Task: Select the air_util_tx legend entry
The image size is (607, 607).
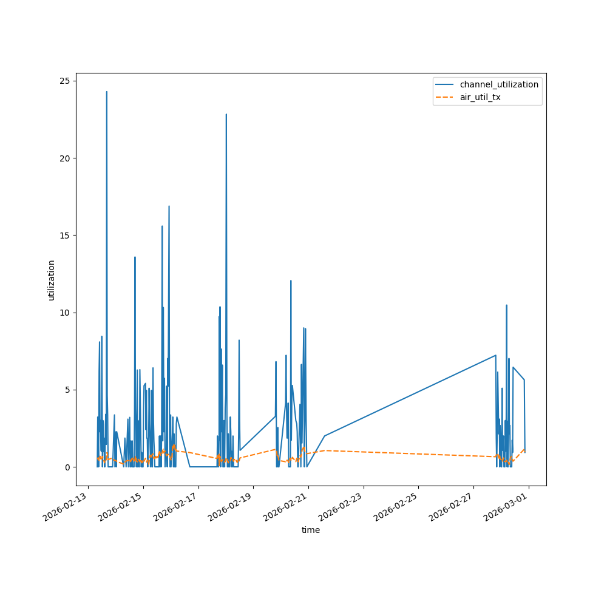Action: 480,97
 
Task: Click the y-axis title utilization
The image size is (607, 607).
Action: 52,280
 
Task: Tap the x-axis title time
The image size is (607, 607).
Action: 311,530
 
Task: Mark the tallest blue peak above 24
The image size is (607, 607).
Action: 107,92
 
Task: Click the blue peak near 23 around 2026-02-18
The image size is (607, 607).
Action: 226,114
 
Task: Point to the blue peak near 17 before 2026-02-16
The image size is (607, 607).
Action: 169,206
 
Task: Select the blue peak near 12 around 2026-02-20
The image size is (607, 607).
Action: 291,280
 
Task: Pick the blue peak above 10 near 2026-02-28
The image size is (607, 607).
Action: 506,305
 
